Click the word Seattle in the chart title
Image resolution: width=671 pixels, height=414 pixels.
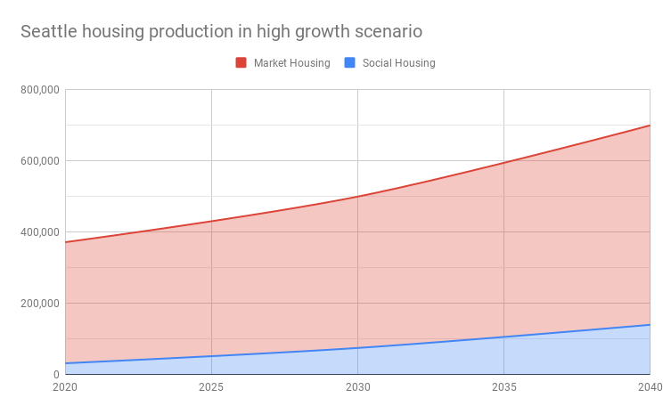click(49, 31)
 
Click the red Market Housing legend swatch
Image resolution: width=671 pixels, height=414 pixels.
click(241, 62)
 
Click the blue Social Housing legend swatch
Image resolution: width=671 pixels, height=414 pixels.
click(349, 62)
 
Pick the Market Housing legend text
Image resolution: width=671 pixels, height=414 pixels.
click(291, 63)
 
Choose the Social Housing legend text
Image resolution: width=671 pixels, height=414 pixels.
click(398, 63)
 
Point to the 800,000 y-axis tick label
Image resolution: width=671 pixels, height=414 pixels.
click(38, 90)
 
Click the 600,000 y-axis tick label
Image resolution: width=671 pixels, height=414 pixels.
click(38, 161)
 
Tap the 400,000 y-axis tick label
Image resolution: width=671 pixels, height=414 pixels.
click(38, 232)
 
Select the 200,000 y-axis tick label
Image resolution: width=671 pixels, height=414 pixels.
click(38, 304)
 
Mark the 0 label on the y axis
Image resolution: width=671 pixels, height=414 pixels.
click(55, 375)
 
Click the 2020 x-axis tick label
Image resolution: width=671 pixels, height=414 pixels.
click(65, 387)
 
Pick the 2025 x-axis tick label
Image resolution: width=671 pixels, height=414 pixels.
click(211, 387)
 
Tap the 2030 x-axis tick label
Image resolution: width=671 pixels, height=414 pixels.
click(357, 387)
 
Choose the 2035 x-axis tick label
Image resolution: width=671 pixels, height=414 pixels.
click(503, 387)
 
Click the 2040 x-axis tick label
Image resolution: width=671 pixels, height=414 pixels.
click(649, 387)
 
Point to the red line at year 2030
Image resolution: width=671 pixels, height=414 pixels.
click(357, 196)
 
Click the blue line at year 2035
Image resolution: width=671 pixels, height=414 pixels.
click(503, 337)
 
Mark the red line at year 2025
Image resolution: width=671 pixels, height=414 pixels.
click(211, 221)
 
